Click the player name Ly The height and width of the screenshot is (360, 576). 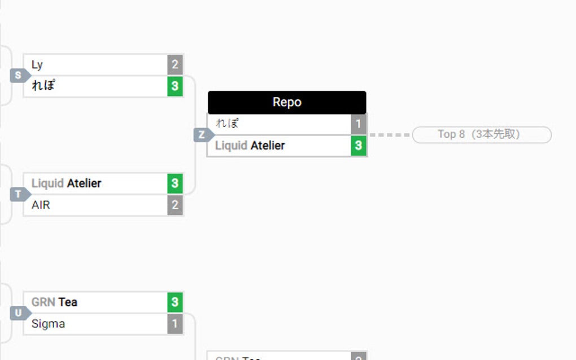pos(37,65)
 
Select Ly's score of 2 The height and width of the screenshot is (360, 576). pos(175,65)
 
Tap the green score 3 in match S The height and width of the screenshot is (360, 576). pos(175,86)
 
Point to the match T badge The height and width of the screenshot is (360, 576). pos(19,195)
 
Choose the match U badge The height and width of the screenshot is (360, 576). pos(19,313)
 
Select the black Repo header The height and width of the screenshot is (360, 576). pos(287,102)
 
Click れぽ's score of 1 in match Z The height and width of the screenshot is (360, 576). pos(359,124)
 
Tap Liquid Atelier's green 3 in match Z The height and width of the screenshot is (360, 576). pos(359,146)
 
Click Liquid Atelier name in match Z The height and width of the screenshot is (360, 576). pos(250,146)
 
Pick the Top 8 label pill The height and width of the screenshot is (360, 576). pos(481,135)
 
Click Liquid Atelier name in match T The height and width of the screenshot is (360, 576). pos(67,183)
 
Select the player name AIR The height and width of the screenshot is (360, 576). pos(41,205)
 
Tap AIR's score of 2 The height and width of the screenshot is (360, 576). pos(175,205)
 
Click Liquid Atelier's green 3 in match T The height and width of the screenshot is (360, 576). pos(175,183)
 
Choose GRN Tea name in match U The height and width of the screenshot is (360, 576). pos(55,302)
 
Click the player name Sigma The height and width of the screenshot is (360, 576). pos(48,324)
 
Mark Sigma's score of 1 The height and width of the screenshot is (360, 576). pos(175,324)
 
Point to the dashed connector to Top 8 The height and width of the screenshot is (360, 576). pos(390,135)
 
